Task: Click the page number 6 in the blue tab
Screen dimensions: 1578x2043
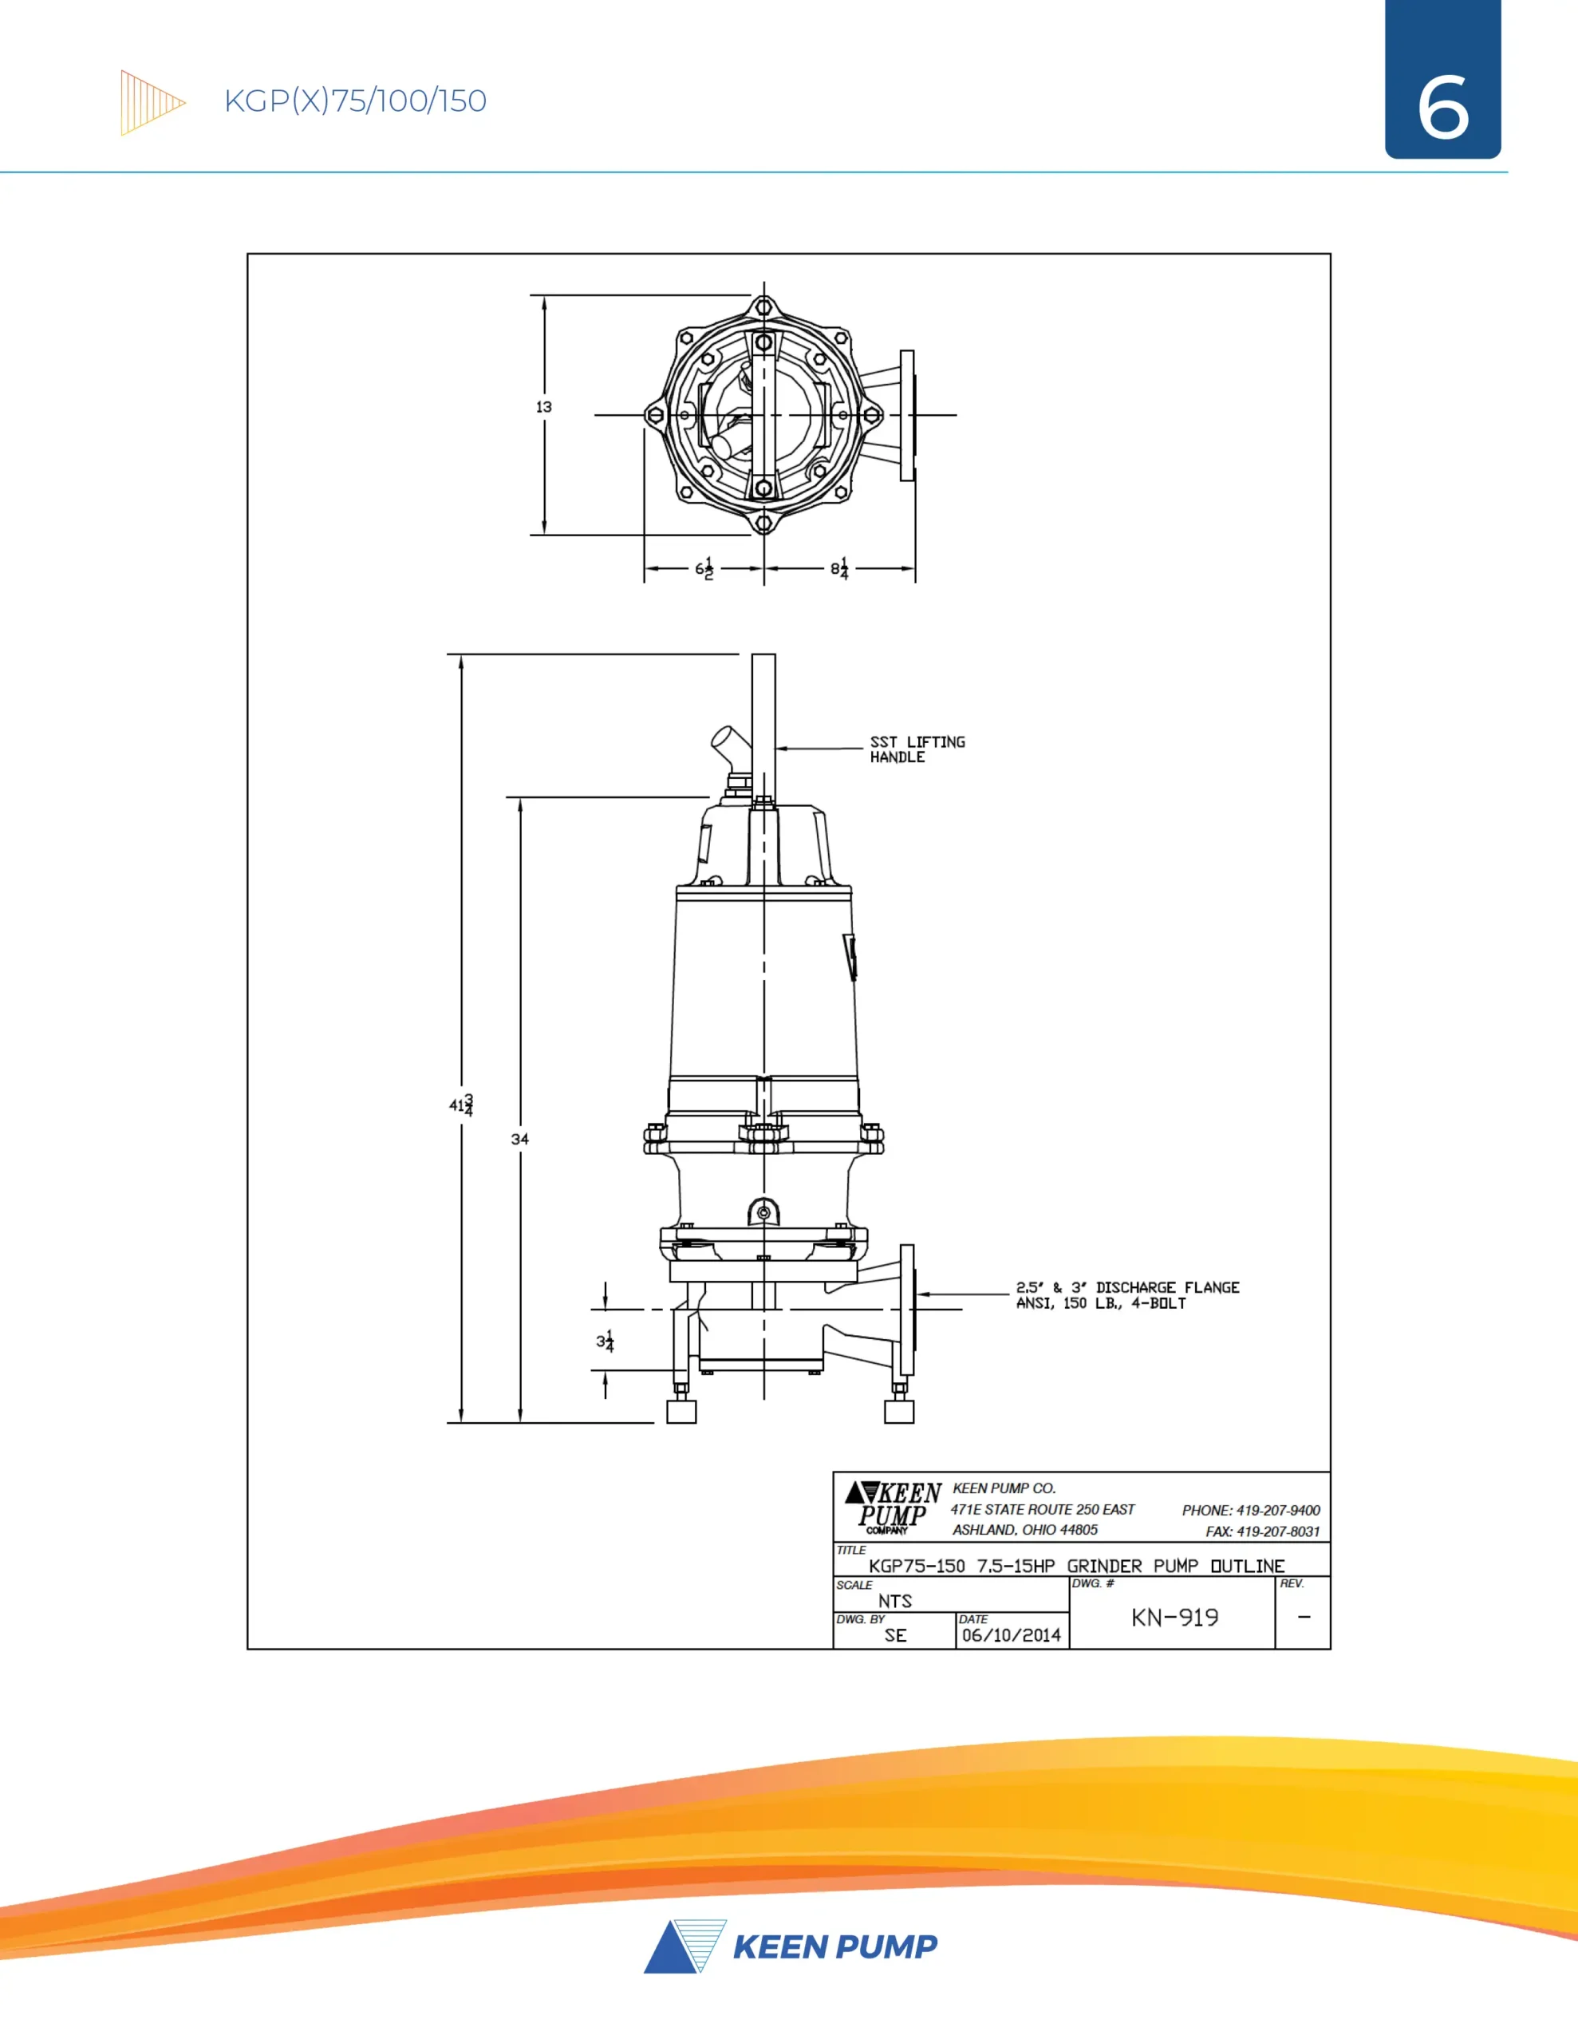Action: pos(1442,109)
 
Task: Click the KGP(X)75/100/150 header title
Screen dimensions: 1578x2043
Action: pos(356,101)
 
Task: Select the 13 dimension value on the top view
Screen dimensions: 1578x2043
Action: pos(543,407)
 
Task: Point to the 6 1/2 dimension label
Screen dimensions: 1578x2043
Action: pos(704,569)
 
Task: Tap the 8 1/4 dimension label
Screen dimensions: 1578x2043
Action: pos(840,569)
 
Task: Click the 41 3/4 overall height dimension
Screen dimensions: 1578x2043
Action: pos(461,1104)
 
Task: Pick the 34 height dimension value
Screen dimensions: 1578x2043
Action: pos(520,1140)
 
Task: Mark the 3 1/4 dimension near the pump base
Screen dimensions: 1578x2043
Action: pos(606,1342)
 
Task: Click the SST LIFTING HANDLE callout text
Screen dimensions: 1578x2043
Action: pos(917,749)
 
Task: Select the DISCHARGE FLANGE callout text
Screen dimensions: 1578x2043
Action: pos(1127,1295)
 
